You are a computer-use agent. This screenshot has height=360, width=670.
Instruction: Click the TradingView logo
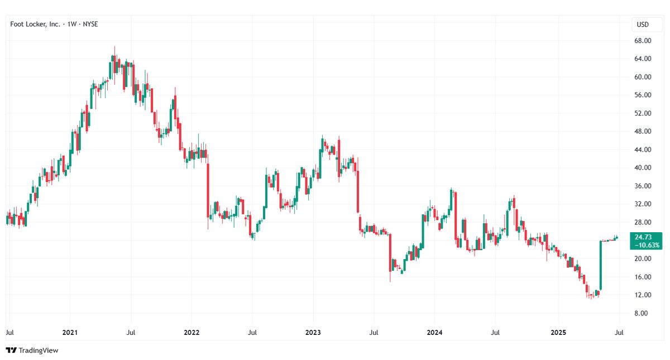point(32,350)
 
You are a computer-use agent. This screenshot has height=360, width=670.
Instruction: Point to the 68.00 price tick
point(643,41)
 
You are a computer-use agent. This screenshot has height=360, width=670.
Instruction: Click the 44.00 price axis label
point(643,150)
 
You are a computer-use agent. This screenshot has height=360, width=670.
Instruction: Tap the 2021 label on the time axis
point(70,333)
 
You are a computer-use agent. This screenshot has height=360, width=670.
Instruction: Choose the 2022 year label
point(192,333)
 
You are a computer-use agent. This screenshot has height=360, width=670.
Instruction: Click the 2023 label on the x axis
point(313,333)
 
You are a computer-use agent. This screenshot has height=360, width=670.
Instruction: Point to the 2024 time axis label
point(434,333)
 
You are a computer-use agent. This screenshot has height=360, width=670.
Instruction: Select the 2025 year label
point(558,333)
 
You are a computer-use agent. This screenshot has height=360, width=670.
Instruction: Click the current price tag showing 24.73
point(643,237)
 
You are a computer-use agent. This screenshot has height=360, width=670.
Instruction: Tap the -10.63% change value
point(647,245)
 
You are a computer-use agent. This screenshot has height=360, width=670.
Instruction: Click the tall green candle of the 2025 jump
point(601,265)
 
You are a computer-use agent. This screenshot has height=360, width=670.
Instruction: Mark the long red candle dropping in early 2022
point(208,190)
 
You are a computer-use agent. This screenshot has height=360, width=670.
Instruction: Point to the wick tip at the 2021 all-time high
point(114,46)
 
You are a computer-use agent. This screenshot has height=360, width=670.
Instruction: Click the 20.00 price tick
point(643,258)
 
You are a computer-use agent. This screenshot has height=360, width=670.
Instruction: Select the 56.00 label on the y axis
point(643,95)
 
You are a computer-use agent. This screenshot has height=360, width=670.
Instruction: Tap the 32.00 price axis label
point(643,204)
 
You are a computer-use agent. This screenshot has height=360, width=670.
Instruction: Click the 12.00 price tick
point(643,295)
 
